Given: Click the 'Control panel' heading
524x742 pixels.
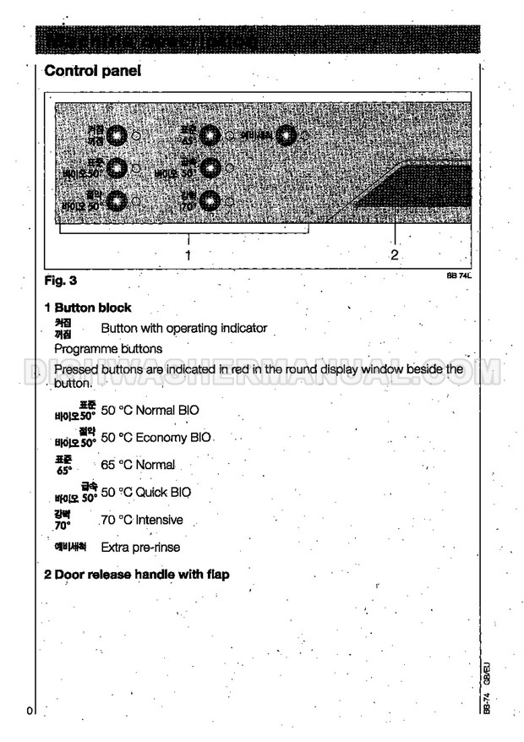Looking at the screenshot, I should (91, 72).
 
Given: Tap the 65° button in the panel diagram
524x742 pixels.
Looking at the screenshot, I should (210, 135).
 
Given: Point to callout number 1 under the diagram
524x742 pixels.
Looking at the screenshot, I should (188, 254).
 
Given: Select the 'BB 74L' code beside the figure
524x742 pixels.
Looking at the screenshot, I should (458, 275).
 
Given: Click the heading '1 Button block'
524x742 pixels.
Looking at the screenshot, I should (87, 308).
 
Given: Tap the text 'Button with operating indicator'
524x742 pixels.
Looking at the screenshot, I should (183, 328).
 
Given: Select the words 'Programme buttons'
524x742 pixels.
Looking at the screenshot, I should (108, 347).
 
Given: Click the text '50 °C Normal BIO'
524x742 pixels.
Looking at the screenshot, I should (150, 411).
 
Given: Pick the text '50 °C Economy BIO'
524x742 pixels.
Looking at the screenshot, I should (156, 438).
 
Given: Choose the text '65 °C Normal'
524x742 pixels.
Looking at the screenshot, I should (138, 465).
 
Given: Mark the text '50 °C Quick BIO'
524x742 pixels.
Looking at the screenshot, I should (145, 492).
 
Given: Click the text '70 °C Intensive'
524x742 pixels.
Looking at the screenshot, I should (141, 520).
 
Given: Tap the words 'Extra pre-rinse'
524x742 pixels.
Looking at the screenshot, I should (140, 547).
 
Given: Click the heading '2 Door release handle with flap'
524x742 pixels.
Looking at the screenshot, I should (136, 575).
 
